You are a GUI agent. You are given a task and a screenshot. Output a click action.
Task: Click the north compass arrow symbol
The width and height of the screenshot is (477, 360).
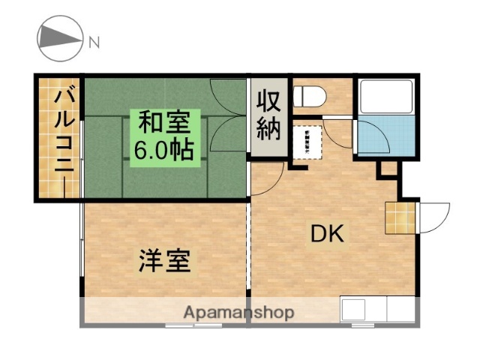(59, 40)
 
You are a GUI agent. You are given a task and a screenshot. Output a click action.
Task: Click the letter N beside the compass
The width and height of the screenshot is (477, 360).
(94, 41)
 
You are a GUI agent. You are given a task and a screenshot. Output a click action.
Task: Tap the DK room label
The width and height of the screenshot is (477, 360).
(327, 234)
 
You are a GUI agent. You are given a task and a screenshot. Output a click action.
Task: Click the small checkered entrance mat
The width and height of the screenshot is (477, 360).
(399, 217)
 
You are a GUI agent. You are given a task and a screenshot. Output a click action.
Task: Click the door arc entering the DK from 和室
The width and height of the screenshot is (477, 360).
(266, 180)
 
